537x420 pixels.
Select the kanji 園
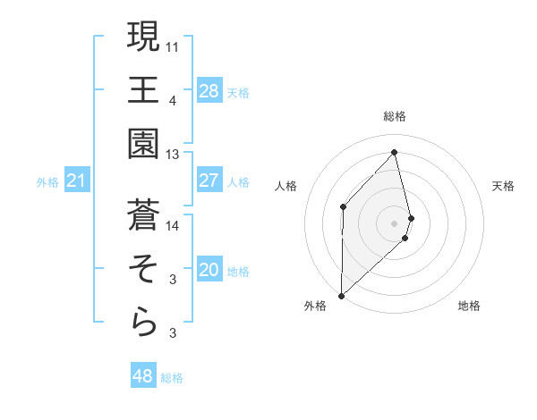[x=144, y=144]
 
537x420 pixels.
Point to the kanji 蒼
[x=144, y=214]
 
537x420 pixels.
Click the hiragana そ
[x=144, y=268]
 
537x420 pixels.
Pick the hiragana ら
[x=144, y=323]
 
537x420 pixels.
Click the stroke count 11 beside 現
[x=173, y=45]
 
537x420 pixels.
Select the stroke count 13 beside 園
[x=173, y=155]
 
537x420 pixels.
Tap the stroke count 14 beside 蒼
[x=173, y=225]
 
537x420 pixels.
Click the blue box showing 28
[x=209, y=90]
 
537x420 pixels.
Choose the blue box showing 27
[x=209, y=181]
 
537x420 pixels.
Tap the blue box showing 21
[x=76, y=181]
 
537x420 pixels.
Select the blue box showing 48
[x=142, y=376]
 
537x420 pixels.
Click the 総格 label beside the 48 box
[x=172, y=377]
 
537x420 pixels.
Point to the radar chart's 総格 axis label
[x=395, y=116]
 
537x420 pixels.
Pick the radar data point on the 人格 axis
[x=343, y=206]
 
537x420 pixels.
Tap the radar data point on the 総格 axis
[x=395, y=152]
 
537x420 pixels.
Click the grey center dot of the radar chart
[x=395, y=223]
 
